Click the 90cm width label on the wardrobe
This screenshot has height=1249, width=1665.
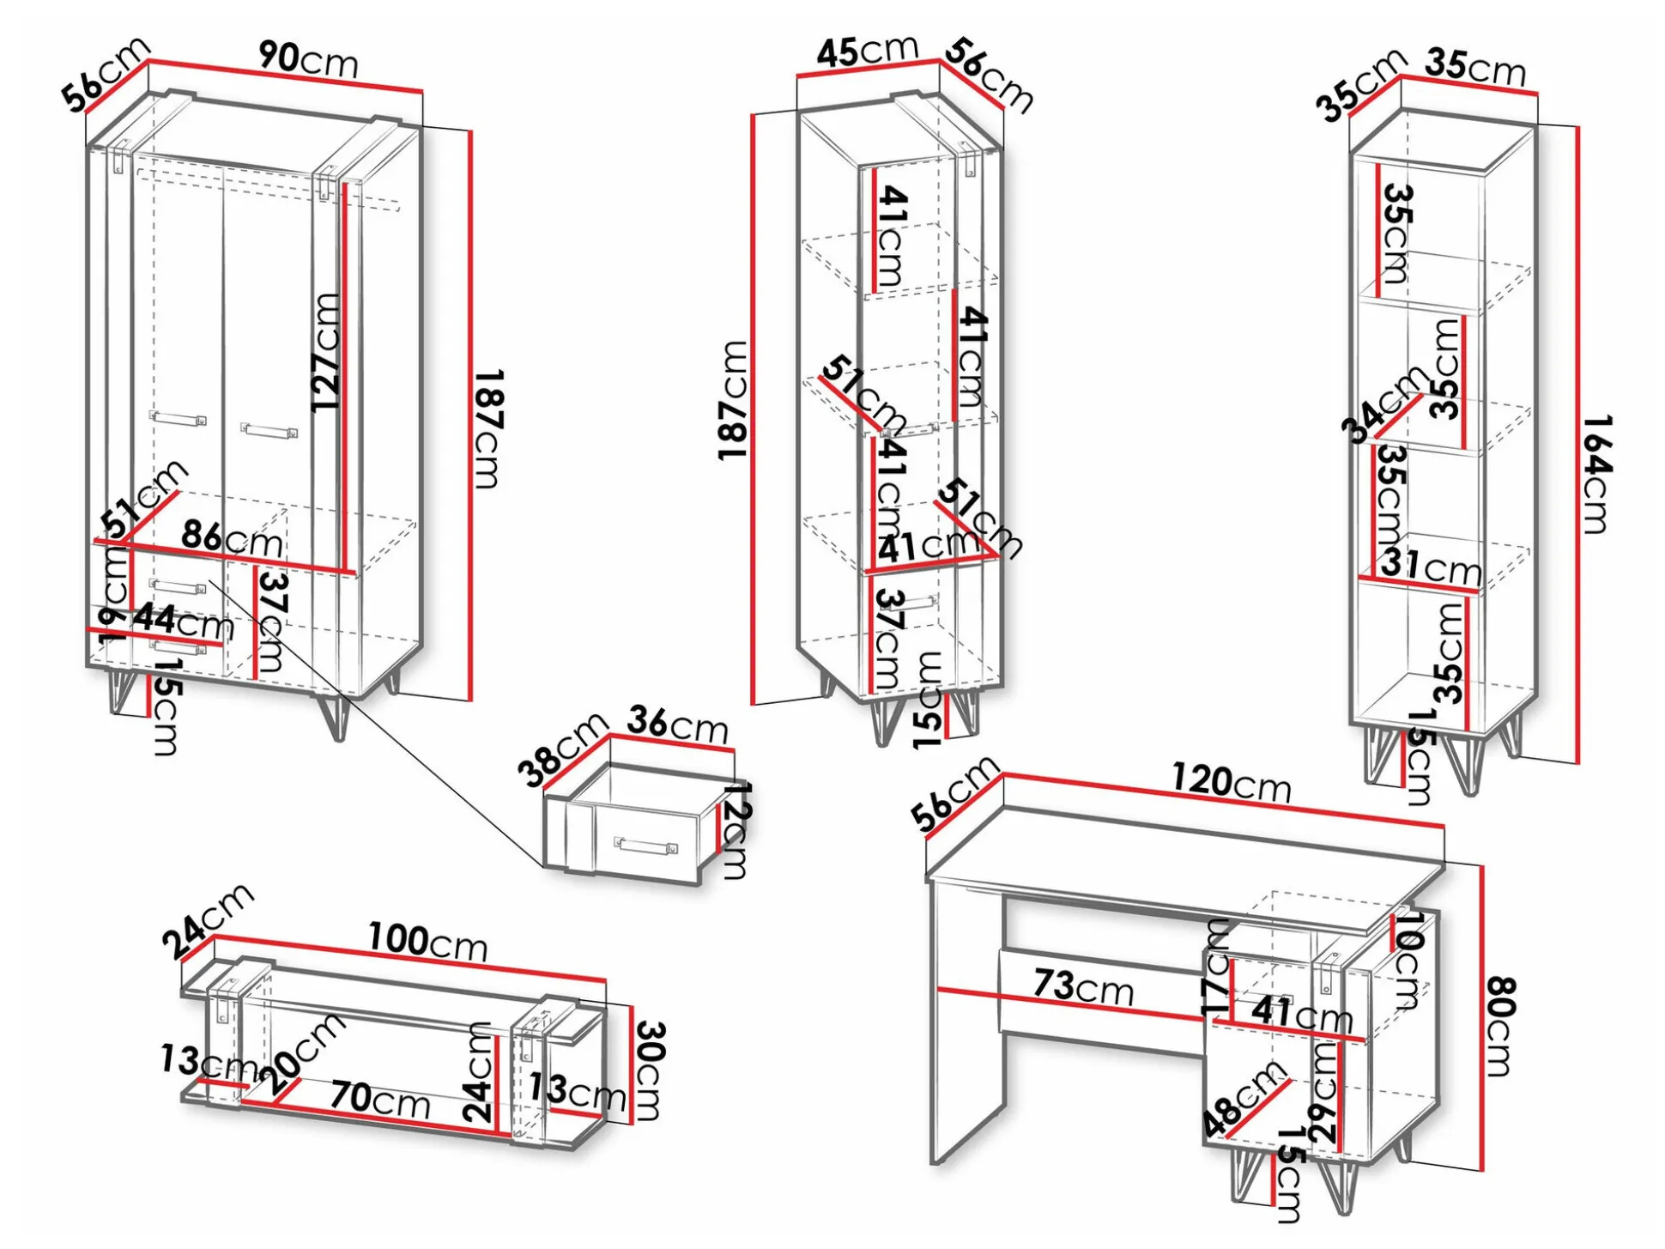[308, 59]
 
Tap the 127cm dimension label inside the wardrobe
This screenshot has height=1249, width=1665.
[327, 352]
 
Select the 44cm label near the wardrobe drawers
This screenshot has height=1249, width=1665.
[183, 620]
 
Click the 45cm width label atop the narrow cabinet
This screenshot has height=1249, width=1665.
[867, 51]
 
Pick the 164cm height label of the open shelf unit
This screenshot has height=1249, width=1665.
[1597, 474]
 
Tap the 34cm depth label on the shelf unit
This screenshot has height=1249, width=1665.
[1384, 403]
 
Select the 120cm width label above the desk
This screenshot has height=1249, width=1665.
[1232, 782]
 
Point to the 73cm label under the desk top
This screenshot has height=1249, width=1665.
[1083, 986]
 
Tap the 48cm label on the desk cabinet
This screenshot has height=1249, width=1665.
[1244, 1099]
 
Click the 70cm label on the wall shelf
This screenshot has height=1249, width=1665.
[380, 1098]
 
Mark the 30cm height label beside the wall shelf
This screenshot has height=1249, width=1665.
[650, 1070]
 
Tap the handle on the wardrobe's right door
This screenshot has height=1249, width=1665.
[269, 430]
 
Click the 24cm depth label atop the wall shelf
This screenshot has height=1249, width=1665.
[209, 921]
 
